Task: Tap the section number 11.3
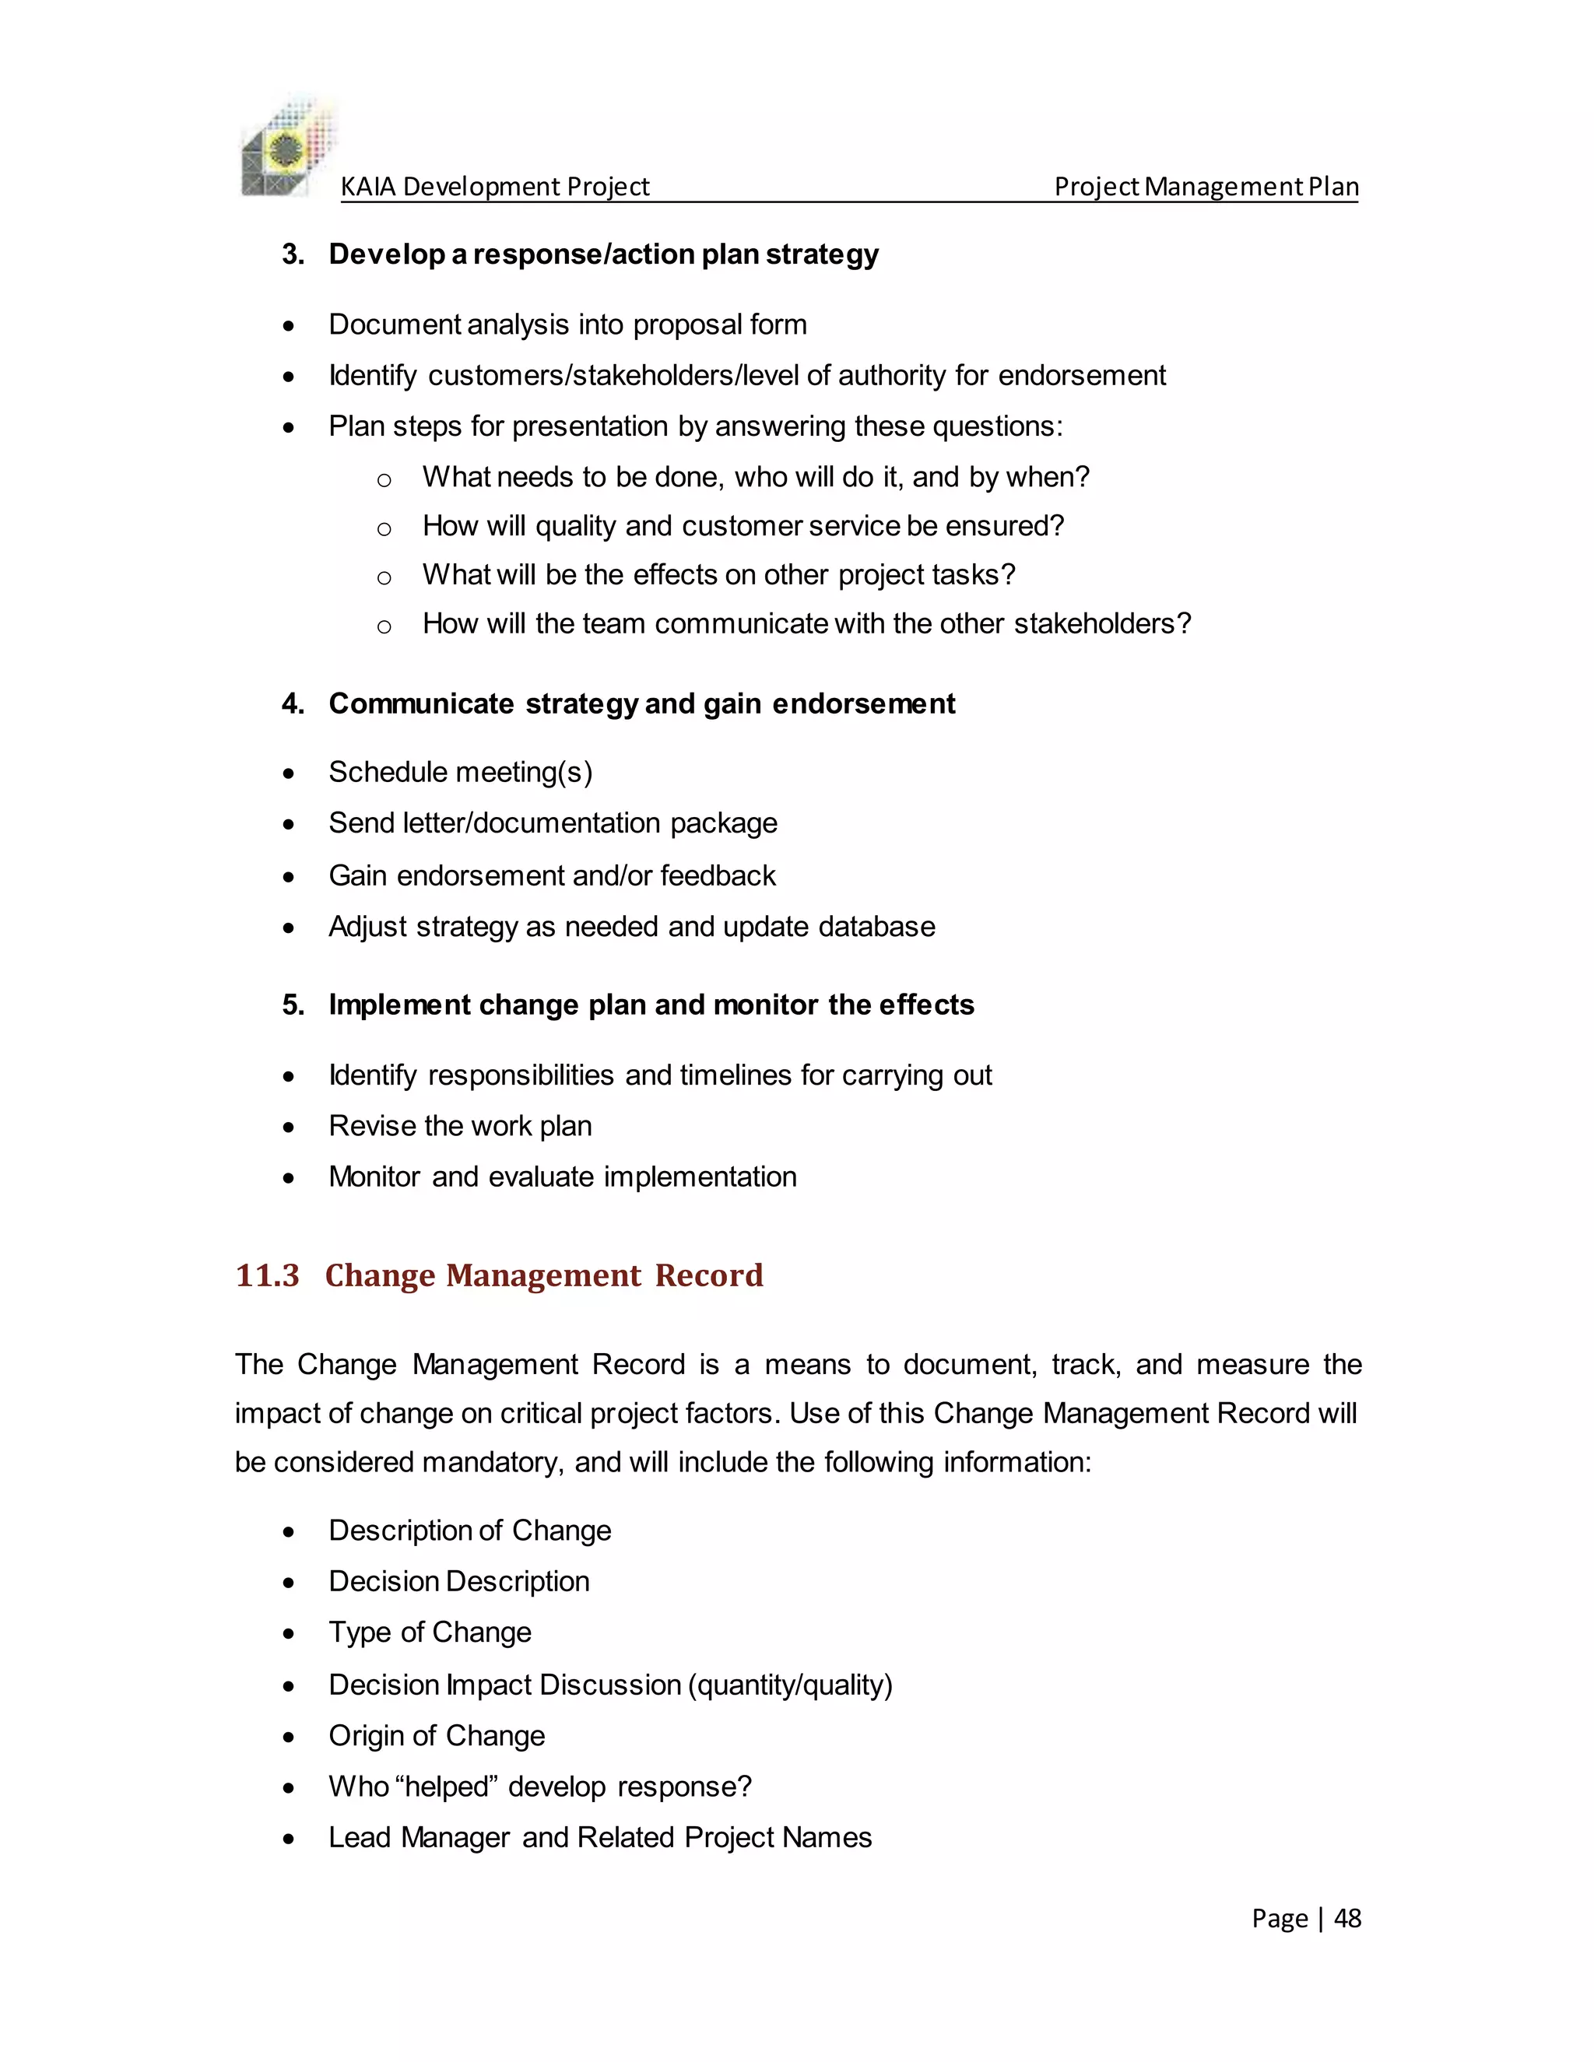267,1275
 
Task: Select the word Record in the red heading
708,1275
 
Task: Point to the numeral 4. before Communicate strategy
293,703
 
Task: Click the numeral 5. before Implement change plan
293,1005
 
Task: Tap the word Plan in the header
1333,187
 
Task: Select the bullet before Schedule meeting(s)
289,774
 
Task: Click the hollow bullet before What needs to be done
384,479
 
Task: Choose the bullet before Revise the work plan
289,1127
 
